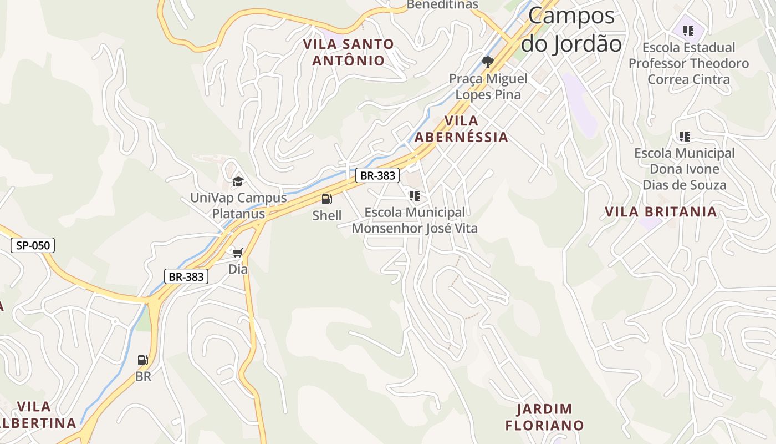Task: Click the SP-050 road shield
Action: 33,245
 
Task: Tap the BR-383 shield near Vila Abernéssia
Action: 377,175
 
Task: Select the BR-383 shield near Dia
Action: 186,276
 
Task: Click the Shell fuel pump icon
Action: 327,199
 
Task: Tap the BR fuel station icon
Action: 143,360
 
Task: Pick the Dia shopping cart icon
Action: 238,253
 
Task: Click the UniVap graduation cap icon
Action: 238,181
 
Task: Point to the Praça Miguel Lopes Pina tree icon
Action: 488,62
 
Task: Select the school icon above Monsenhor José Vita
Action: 415,196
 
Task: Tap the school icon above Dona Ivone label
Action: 685,136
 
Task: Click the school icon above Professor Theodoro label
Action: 688,31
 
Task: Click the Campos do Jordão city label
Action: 571,29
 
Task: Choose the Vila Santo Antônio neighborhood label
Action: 349,52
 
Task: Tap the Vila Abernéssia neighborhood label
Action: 461,129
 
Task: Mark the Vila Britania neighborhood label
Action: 661,211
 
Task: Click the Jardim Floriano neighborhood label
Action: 544,417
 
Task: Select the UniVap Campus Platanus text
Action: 238,205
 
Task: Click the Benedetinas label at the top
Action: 442,4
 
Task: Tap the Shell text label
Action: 327,215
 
